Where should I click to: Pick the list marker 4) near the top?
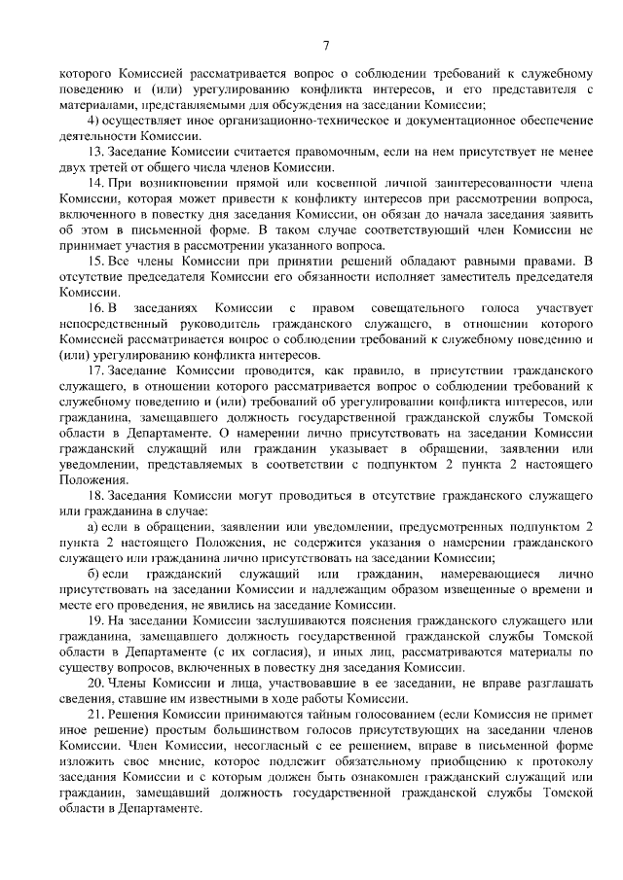(93, 120)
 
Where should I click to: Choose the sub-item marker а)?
(93, 527)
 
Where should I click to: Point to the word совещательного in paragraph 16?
(388, 307)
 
